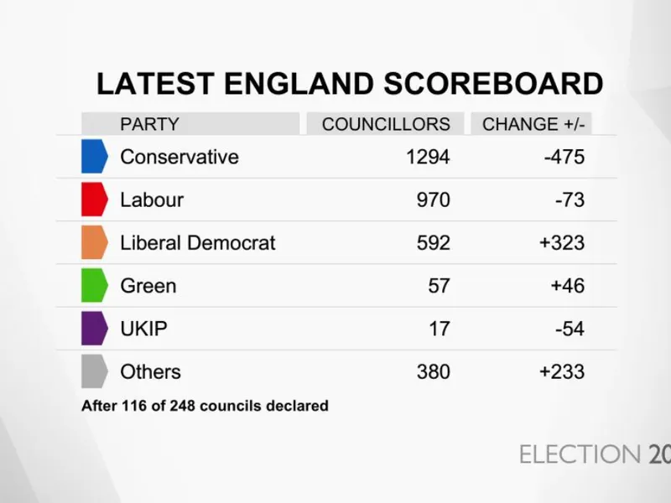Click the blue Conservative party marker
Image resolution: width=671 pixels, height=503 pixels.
click(94, 157)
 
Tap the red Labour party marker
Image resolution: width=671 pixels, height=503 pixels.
click(94, 200)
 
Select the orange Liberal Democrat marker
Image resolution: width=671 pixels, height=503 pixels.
click(94, 242)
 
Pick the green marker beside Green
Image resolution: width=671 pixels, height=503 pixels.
click(94, 285)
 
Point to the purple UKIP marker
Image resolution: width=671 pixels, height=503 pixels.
click(94, 329)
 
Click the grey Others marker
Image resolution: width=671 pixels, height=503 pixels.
click(94, 371)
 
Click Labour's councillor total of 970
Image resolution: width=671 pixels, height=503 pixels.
click(433, 200)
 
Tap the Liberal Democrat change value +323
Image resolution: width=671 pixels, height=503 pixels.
click(562, 243)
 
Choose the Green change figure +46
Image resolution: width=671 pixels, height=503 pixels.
click(567, 286)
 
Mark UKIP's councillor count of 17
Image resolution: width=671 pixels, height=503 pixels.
click(440, 329)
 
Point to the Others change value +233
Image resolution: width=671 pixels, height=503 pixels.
click(562, 371)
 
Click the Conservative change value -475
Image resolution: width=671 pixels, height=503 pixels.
click(564, 157)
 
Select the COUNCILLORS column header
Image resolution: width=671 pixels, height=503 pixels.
click(386, 124)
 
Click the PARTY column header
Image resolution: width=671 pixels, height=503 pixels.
click(149, 124)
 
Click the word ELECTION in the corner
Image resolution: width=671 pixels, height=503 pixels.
click(580, 454)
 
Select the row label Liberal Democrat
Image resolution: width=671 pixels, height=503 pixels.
click(198, 243)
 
